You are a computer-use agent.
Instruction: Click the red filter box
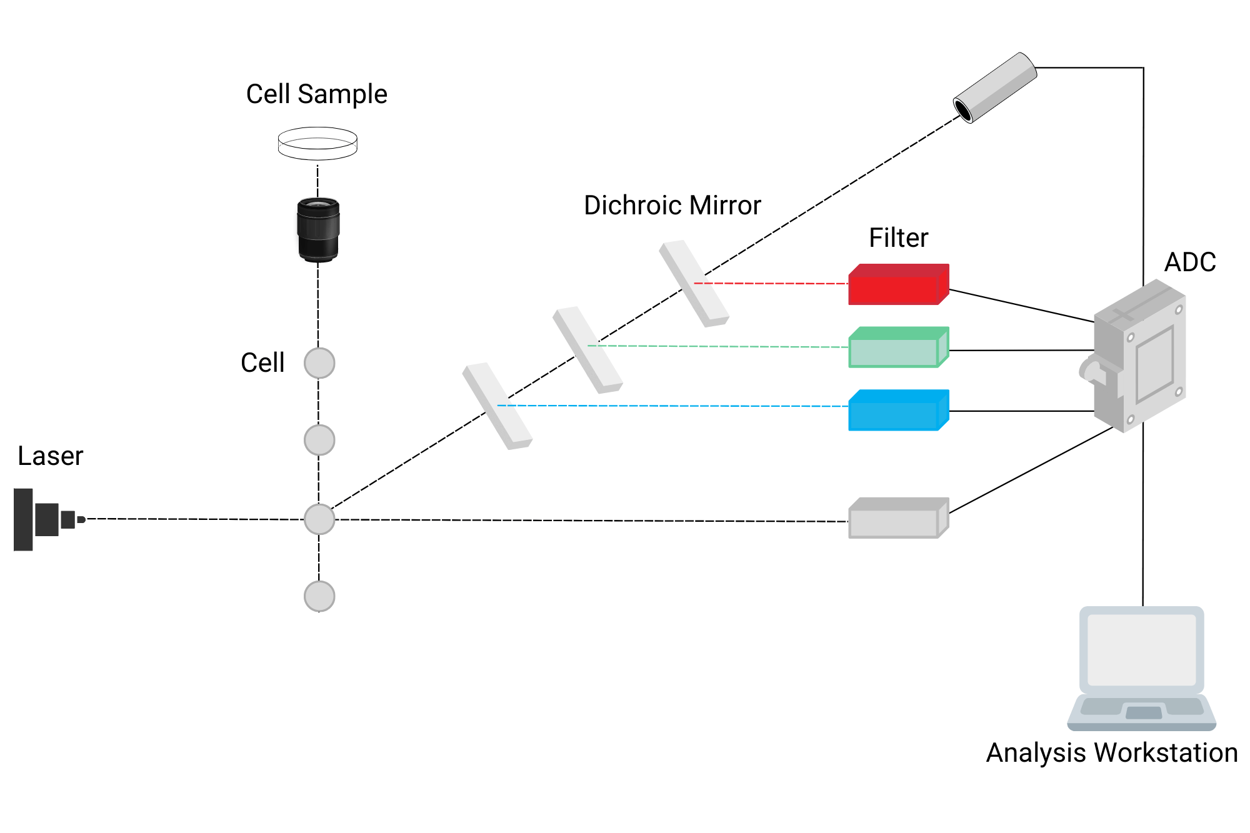click(897, 286)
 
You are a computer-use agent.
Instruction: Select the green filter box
click(897, 348)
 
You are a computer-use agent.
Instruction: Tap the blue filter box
click(897, 411)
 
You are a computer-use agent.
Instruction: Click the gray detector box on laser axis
click(897, 519)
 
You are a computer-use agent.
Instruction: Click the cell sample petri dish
click(317, 144)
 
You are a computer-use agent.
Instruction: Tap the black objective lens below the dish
click(318, 229)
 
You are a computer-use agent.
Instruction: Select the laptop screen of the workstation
click(1141, 650)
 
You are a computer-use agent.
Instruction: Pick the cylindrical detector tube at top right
click(995, 87)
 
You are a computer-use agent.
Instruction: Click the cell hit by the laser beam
click(319, 519)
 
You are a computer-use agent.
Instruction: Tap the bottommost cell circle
click(319, 596)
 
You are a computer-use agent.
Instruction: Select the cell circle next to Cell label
click(319, 363)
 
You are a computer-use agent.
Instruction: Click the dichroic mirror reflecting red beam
click(694, 284)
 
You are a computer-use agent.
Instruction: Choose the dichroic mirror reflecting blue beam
click(497, 406)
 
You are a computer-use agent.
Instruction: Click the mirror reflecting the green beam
click(587, 349)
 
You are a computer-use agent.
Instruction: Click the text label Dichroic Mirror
click(672, 206)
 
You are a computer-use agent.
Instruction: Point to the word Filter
click(898, 238)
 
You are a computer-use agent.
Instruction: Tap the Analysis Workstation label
click(1112, 753)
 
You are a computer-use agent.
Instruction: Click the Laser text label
click(50, 456)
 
